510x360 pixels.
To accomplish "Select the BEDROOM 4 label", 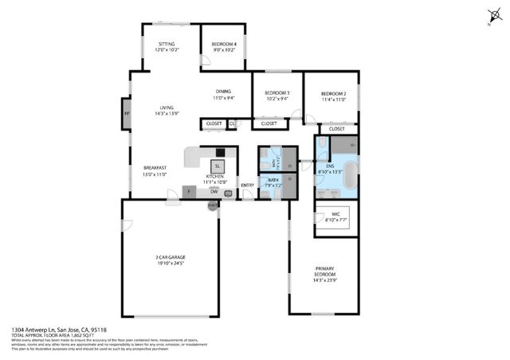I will click(x=223, y=46).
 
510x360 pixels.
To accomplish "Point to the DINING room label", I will click(x=223, y=94).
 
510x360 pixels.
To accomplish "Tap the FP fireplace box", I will click(x=126, y=114).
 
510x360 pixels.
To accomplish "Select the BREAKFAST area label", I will click(x=155, y=170).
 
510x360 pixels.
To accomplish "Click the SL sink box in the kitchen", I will click(x=218, y=165).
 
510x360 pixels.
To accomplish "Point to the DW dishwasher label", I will click(x=214, y=191).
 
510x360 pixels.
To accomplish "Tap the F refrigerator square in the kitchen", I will click(x=188, y=191).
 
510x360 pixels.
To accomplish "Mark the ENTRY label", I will click(x=247, y=186).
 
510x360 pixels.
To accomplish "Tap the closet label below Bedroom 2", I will click(x=336, y=128).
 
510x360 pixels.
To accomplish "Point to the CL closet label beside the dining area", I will click(x=233, y=123).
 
